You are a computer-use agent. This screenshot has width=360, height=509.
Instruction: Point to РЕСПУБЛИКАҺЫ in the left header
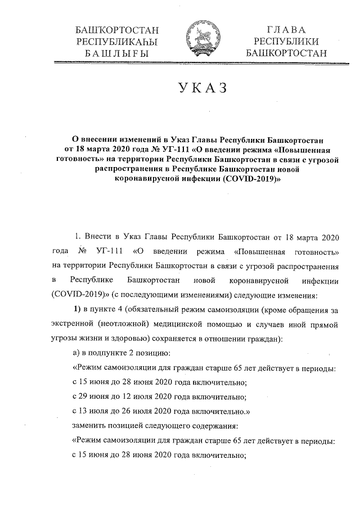click(x=116, y=42)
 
